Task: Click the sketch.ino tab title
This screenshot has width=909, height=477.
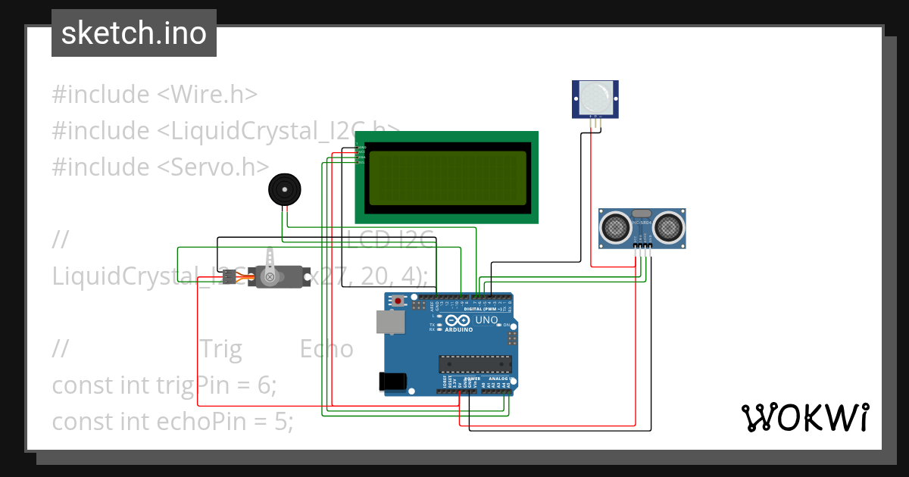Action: (x=133, y=33)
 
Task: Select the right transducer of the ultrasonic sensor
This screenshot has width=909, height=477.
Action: (x=670, y=225)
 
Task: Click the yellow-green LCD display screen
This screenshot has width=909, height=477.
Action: (x=446, y=178)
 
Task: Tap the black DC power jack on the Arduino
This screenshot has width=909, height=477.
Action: (x=392, y=381)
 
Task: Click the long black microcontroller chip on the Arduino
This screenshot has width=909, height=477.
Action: (x=475, y=363)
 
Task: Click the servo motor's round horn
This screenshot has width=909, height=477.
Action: (x=268, y=278)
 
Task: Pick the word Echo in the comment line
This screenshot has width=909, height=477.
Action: (x=326, y=349)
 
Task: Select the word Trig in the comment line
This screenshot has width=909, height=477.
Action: (x=220, y=349)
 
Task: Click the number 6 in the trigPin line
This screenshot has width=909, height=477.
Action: (x=264, y=385)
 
